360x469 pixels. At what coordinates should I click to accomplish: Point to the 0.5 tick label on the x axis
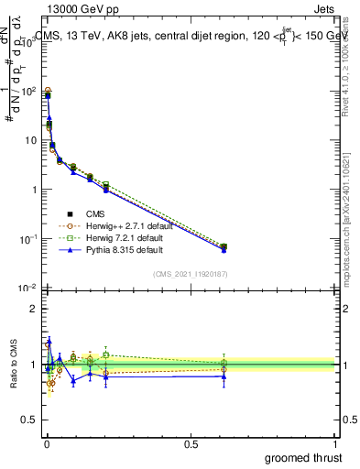click(191, 443)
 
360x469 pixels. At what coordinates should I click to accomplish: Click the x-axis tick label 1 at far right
click(335, 443)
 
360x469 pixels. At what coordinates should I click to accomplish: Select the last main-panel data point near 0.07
click(224, 247)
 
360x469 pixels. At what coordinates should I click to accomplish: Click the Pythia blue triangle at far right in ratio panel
click(224, 376)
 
